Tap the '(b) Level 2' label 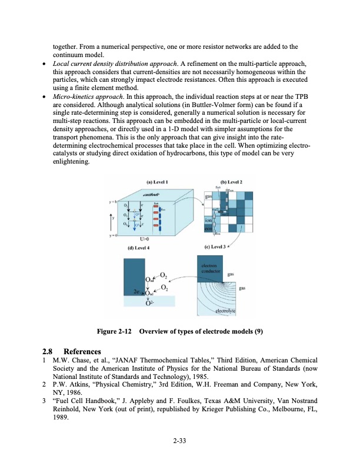[x=231, y=182]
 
